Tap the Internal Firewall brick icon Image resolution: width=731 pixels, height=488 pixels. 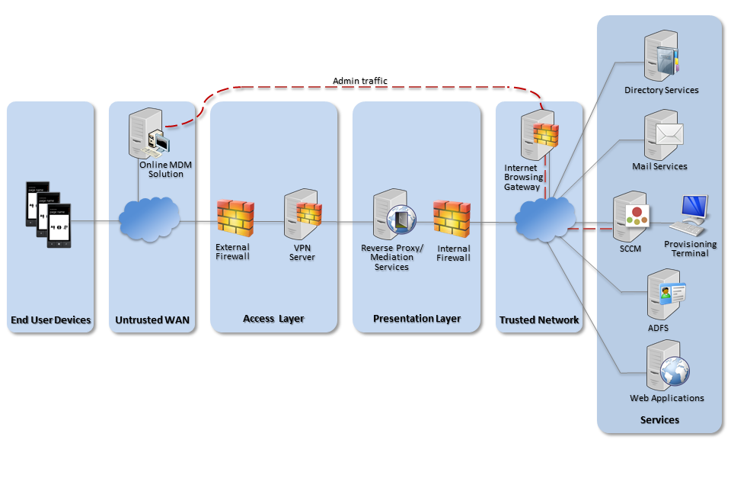(452, 218)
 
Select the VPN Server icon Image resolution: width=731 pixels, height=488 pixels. (302, 215)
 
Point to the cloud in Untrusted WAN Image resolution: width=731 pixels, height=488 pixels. (149, 220)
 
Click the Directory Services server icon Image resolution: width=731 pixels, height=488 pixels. (659, 56)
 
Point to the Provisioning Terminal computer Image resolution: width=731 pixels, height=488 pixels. (691, 215)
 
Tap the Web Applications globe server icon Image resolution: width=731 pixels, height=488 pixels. (666, 368)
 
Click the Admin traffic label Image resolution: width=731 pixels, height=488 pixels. (360, 81)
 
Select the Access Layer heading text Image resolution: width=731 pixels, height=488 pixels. (273, 319)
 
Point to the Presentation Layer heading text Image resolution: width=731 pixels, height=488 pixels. (417, 319)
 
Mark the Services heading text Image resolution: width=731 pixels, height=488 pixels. (659, 420)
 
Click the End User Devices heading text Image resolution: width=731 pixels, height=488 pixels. (51, 320)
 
